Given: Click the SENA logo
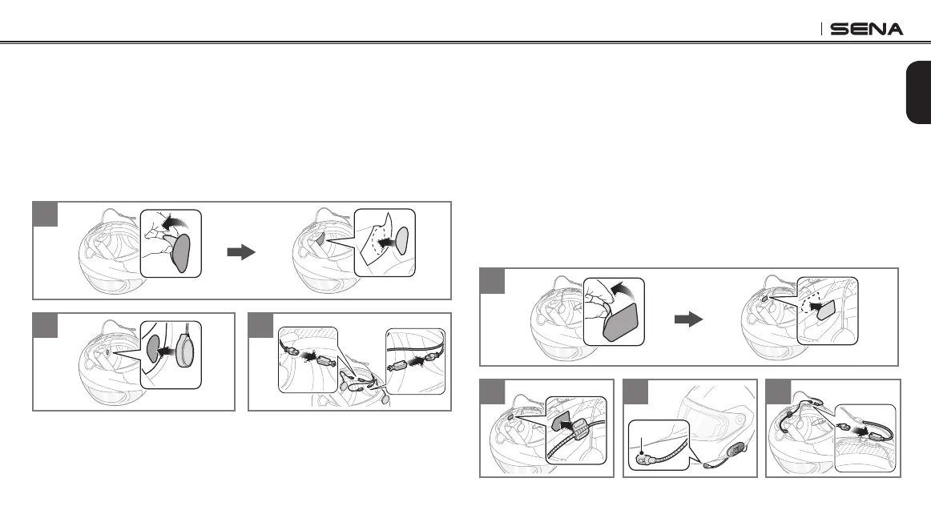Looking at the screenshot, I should [866, 29].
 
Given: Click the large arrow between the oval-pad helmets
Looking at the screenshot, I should [240, 251].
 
